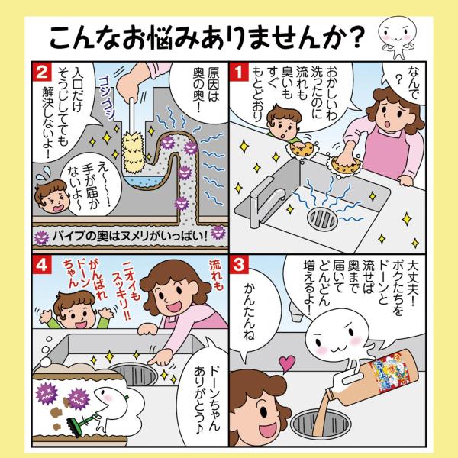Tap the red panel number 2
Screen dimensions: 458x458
pyautogui.click(x=41, y=72)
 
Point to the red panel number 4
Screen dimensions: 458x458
pyautogui.click(x=41, y=265)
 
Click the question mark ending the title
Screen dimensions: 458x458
pyautogui.click(x=356, y=37)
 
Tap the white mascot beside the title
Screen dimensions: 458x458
pyautogui.click(x=397, y=37)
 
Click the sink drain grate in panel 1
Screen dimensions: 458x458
pyautogui.click(x=322, y=219)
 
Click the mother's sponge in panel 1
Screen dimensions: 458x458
pyautogui.click(x=346, y=165)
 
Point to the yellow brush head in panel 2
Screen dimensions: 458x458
pyautogui.click(x=133, y=151)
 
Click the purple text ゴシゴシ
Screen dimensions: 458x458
pyautogui.click(x=106, y=98)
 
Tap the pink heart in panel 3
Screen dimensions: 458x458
pyautogui.click(x=286, y=363)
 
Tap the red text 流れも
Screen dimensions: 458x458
pyautogui.click(x=216, y=275)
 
